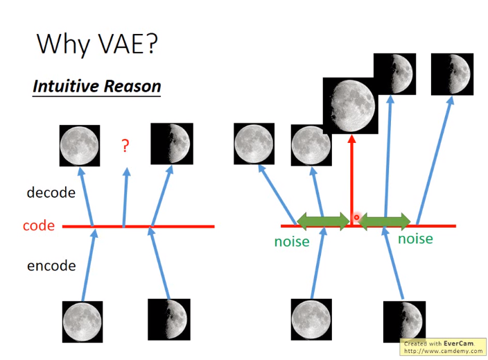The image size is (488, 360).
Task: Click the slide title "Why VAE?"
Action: pyautogui.click(x=98, y=44)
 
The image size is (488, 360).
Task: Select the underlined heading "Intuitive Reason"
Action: pyautogui.click(x=97, y=86)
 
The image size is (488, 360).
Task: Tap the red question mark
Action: pyautogui.click(x=125, y=146)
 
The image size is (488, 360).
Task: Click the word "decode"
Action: pyautogui.click(x=51, y=192)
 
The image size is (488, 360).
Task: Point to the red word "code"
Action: pyautogui.click(x=39, y=225)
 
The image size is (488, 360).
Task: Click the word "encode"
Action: pyautogui.click(x=51, y=266)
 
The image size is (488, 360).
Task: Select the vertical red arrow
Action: pyautogui.click(x=351, y=180)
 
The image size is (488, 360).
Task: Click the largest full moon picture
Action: pyautogui.click(x=351, y=105)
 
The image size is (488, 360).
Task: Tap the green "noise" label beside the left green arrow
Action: pyautogui.click(x=292, y=241)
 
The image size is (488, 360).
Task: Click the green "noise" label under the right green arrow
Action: pyautogui.click(x=415, y=239)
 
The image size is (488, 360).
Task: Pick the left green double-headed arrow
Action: pyautogui.click(x=323, y=221)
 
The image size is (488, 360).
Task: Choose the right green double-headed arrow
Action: pyautogui.click(x=384, y=221)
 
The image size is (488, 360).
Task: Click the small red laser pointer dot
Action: pyautogui.click(x=356, y=217)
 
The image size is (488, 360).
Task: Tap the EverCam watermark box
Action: pyautogui.click(x=443, y=347)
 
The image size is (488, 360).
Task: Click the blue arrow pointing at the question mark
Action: pyautogui.click(x=125, y=197)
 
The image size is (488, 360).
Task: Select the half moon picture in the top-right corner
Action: pyautogui.click(x=452, y=74)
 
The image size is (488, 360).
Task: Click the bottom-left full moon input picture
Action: pyautogui.click(x=82, y=322)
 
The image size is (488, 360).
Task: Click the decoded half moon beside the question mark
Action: pyautogui.click(x=172, y=144)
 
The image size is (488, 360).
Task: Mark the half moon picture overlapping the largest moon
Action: pyautogui.click(x=394, y=74)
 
